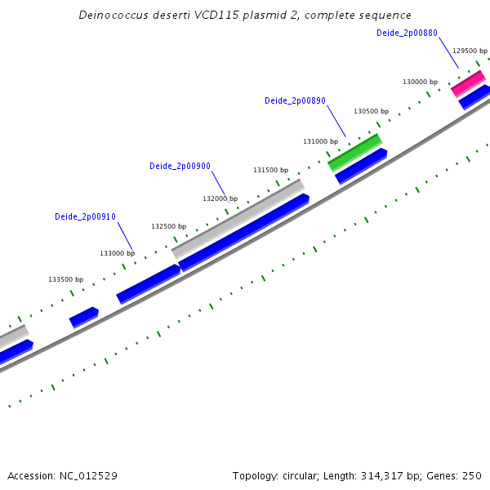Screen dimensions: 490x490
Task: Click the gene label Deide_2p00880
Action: (x=407, y=33)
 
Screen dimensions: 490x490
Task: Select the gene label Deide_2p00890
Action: (x=295, y=101)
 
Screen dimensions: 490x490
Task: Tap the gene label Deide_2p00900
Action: (x=180, y=166)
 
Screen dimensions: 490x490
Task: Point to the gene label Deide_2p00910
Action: (x=85, y=216)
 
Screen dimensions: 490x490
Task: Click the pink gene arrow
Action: (x=468, y=82)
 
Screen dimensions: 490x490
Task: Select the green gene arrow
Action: (x=355, y=152)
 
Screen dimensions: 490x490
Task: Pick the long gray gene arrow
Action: (x=238, y=218)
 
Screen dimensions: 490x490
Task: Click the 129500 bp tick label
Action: (x=470, y=50)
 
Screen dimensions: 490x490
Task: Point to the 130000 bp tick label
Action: (x=420, y=82)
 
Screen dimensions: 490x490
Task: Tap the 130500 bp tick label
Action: (x=371, y=111)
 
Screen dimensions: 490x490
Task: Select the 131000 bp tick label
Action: (x=320, y=141)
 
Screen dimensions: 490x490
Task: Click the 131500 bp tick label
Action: (x=270, y=170)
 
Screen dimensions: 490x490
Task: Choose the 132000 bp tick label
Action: (x=220, y=198)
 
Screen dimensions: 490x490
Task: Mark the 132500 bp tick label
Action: (x=168, y=226)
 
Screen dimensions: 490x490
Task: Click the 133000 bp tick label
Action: (x=117, y=253)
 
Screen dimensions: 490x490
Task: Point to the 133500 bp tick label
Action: (x=65, y=279)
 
